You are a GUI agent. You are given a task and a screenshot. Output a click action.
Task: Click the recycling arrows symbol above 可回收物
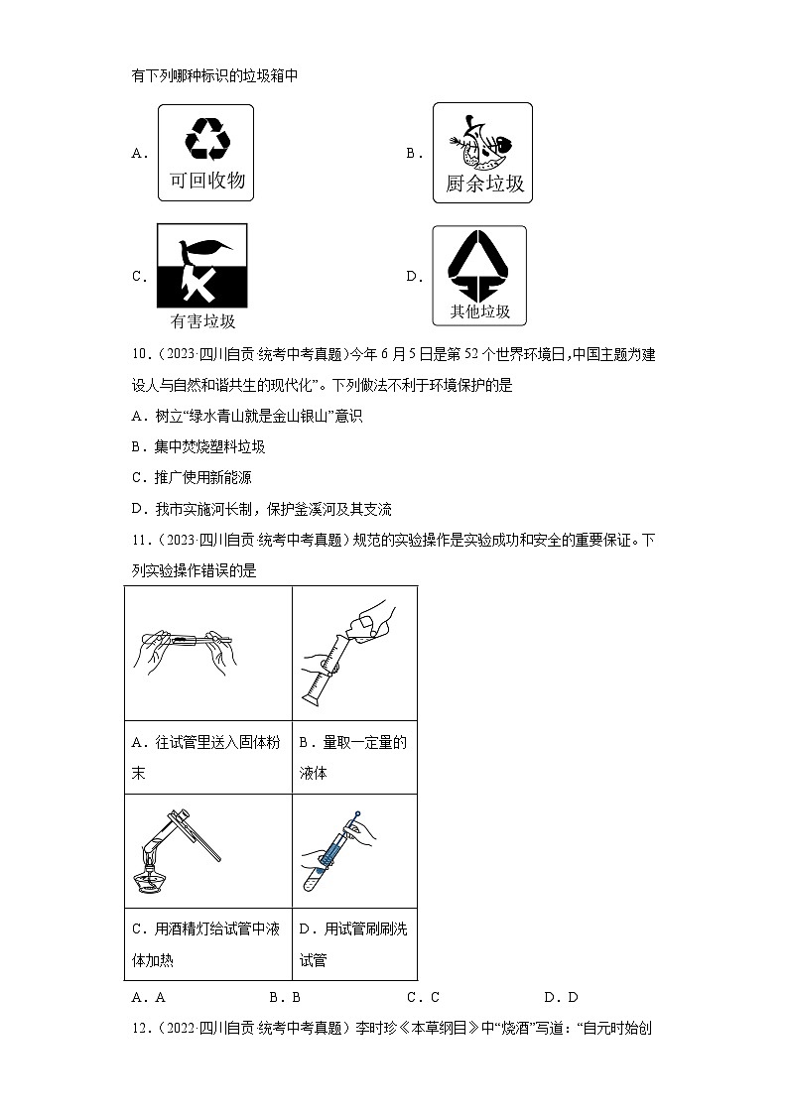click(207, 138)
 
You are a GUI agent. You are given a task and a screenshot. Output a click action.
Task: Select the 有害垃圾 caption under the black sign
click(202, 321)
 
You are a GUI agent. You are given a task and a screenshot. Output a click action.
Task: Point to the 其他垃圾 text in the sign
click(480, 311)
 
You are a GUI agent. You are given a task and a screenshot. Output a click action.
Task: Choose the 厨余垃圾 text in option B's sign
click(484, 184)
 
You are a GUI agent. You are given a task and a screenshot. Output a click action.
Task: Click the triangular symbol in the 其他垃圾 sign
click(480, 265)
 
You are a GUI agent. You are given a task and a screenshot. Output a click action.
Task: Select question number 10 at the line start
click(140, 356)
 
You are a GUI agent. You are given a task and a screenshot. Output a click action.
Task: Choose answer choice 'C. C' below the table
click(423, 998)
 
